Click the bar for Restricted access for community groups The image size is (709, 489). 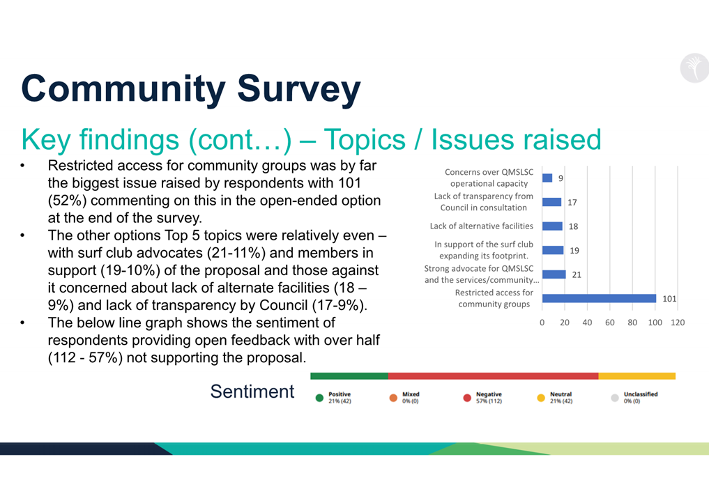coord(599,299)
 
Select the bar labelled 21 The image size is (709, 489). coord(554,274)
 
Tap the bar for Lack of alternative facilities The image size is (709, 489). coord(552,226)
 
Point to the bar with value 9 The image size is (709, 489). coord(547,178)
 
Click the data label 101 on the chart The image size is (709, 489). coord(669,299)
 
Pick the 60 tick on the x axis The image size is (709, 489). coord(610,323)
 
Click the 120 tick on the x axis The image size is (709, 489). coord(678,323)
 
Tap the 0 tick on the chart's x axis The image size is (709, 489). coord(542,323)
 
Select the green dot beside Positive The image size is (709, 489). coord(320,398)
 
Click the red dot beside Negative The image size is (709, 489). coord(467,398)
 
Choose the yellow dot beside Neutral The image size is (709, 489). coord(541,398)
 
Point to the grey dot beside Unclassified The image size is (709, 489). coord(615,398)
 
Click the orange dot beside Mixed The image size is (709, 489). coord(393,398)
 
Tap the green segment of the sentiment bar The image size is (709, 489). coord(349,376)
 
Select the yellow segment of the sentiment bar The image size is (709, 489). coord(636,376)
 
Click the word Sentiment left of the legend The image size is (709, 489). coord(252,391)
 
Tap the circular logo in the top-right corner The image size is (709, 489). coord(694,68)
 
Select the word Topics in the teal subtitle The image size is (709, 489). coord(367,140)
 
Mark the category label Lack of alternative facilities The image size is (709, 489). coord(482,226)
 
